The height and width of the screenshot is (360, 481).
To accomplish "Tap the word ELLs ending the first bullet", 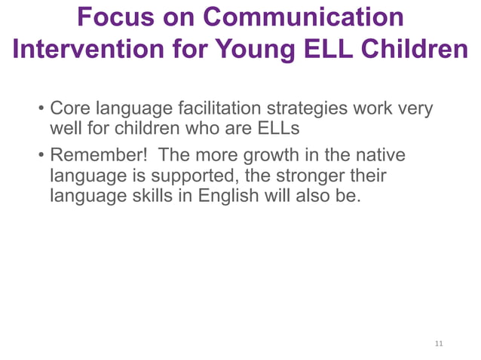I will point(274,129).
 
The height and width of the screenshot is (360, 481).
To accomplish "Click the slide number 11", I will point(439,344).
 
